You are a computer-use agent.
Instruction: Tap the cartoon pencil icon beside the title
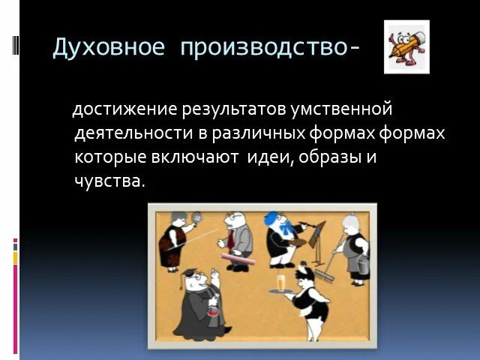click(406, 46)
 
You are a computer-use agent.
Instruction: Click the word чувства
click(109, 181)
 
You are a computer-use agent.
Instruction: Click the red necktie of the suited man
click(232, 240)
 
